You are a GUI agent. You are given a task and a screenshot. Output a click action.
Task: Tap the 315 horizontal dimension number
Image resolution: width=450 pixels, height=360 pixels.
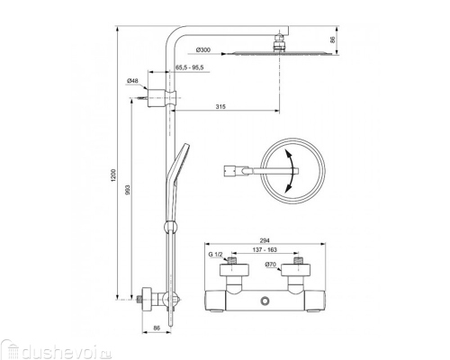tap(220, 107)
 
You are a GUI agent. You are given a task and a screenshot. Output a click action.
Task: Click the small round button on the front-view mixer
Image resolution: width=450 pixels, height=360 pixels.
tap(266, 300)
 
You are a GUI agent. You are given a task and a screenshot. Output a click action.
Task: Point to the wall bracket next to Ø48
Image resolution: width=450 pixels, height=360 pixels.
tap(161, 94)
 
